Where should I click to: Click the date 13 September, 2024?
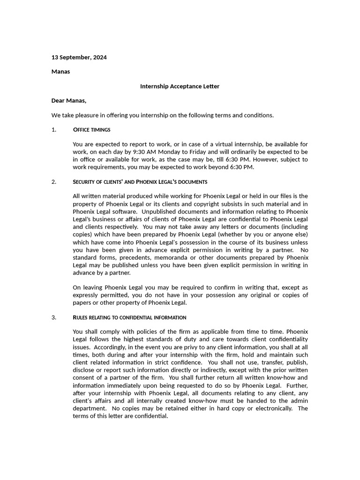tap(79, 58)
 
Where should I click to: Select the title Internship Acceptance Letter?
tap(180, 86)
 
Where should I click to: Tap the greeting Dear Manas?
tap(69, 100)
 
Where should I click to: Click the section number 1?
tap(53, 130)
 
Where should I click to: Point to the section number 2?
tap(53, 182)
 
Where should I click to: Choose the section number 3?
tap(53, 317)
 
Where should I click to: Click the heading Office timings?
tap(92, 130)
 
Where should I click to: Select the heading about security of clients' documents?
tap(140, 182)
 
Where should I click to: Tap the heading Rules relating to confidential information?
tap(129, 317)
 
